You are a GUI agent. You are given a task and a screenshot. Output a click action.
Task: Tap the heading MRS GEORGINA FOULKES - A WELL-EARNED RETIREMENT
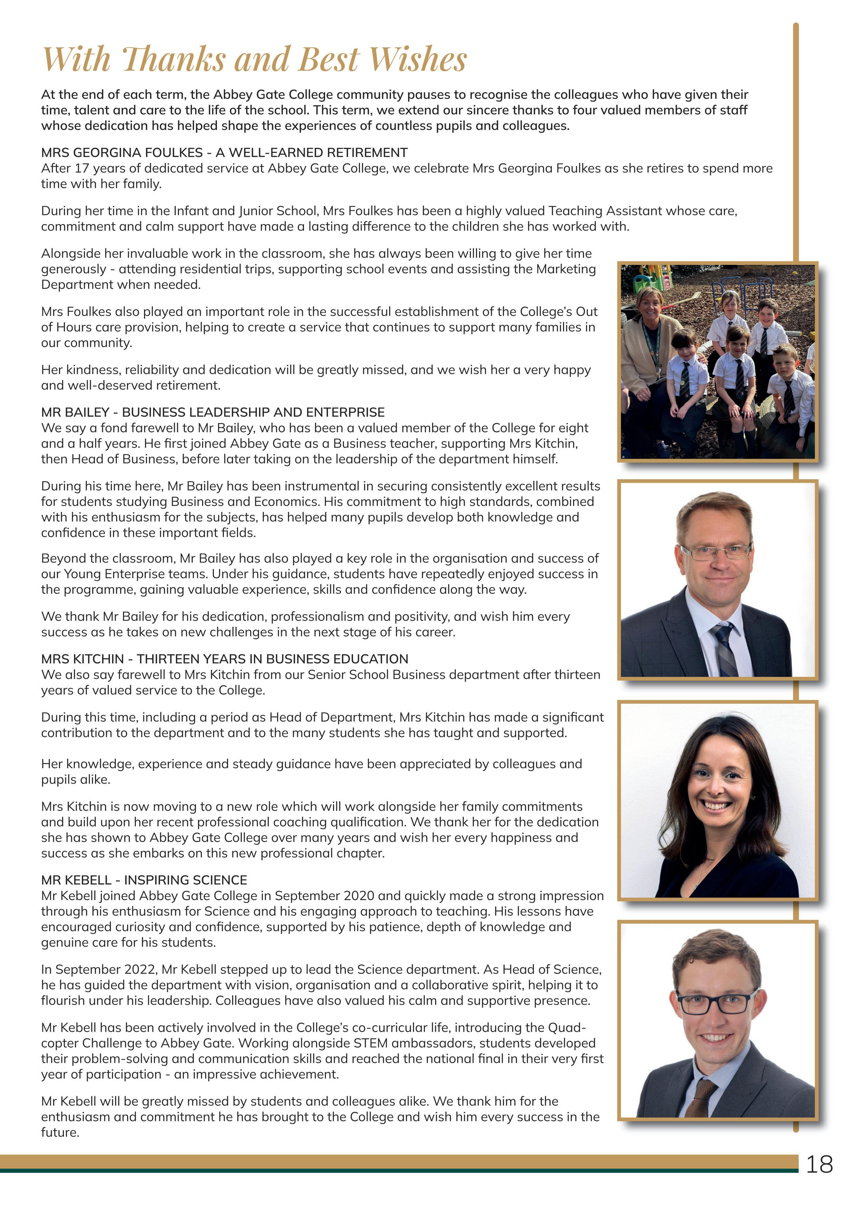tap(224, 153)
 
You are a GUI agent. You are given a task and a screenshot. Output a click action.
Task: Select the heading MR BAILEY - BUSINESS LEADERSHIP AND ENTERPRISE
tap(213, 412)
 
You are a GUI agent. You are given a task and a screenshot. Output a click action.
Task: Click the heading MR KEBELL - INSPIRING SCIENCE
tap(144, 880)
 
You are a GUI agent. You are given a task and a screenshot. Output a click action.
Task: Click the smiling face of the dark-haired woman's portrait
tap(719, 785)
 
